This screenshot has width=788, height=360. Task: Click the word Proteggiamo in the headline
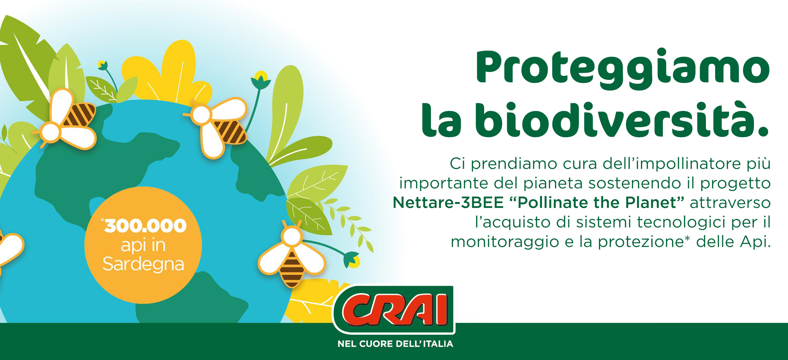pos(623,69)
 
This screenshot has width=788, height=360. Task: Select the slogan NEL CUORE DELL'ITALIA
pos(395,344)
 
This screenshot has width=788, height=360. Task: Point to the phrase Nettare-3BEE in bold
pos(448,202)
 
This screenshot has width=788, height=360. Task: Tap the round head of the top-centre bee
pos(202,115)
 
